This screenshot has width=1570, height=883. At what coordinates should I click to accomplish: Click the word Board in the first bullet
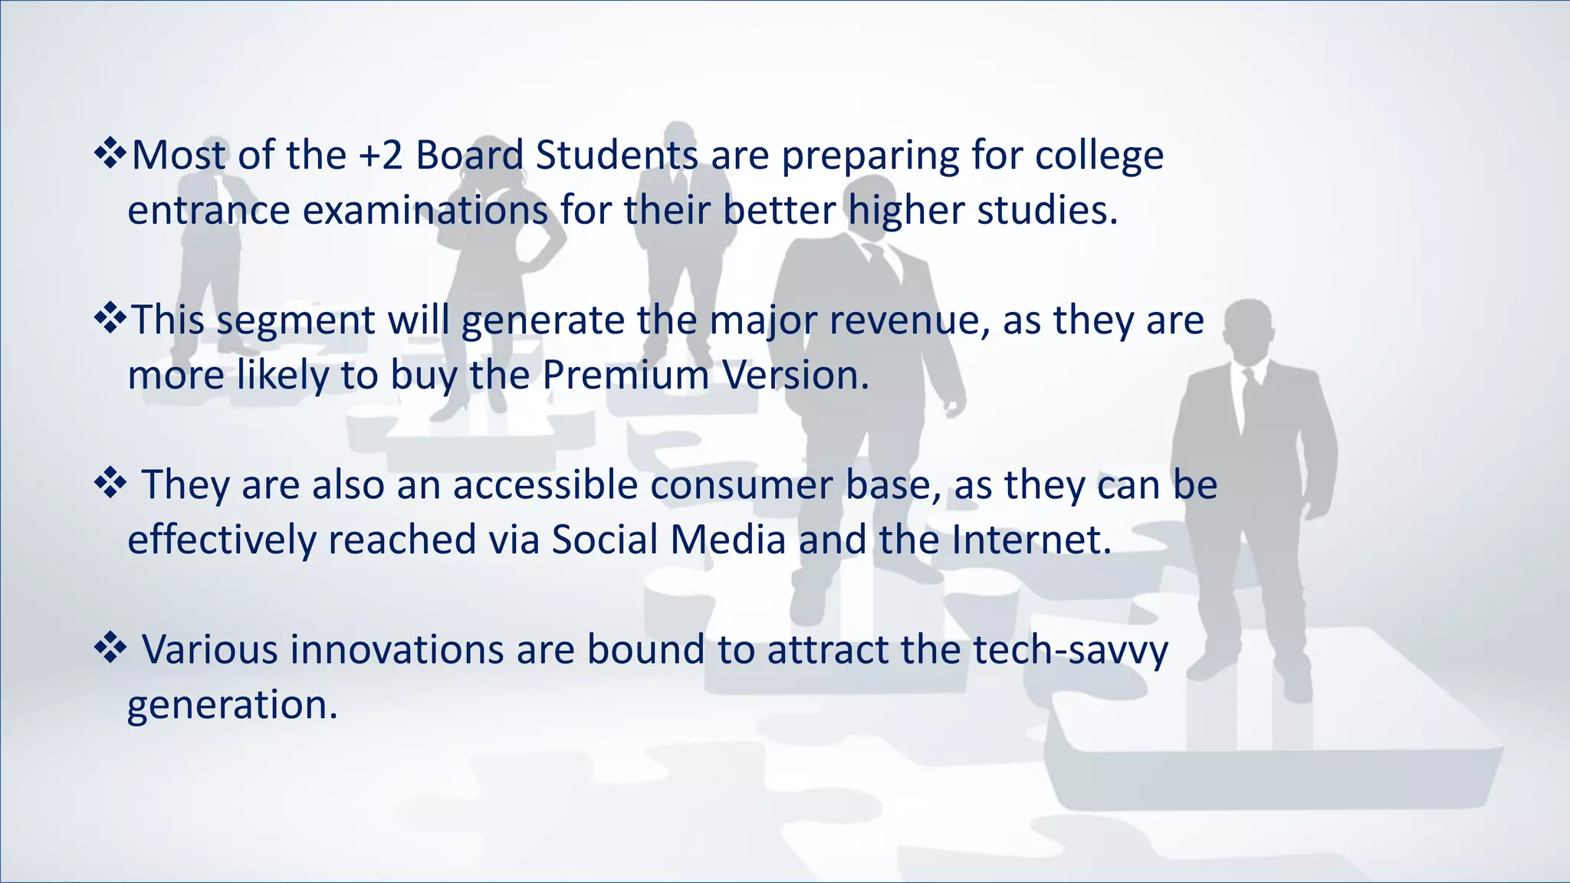[x=469, y=156]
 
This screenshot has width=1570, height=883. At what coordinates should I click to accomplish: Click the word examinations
[x=425, y=211]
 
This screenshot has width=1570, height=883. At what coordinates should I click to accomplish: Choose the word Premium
[x=625, y=376]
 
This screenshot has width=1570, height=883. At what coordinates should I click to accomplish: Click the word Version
[x=795, y=376]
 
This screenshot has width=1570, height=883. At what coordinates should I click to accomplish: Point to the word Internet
[x=1031, y=540]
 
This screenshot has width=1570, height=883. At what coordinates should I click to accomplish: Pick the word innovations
[x=396, y=650]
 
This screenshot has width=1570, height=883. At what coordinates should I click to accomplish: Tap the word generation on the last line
[x=232, y=706]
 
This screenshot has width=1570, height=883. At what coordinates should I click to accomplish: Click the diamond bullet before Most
[x=110, y=154]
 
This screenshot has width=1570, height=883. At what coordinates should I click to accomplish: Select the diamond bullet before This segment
[x=110, y=319]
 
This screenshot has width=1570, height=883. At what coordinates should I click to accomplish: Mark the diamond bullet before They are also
[x=110, y=484]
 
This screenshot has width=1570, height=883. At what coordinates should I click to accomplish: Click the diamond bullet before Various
[x=110, y=648]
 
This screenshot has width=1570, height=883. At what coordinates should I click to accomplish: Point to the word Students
[x=616, y=156]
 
